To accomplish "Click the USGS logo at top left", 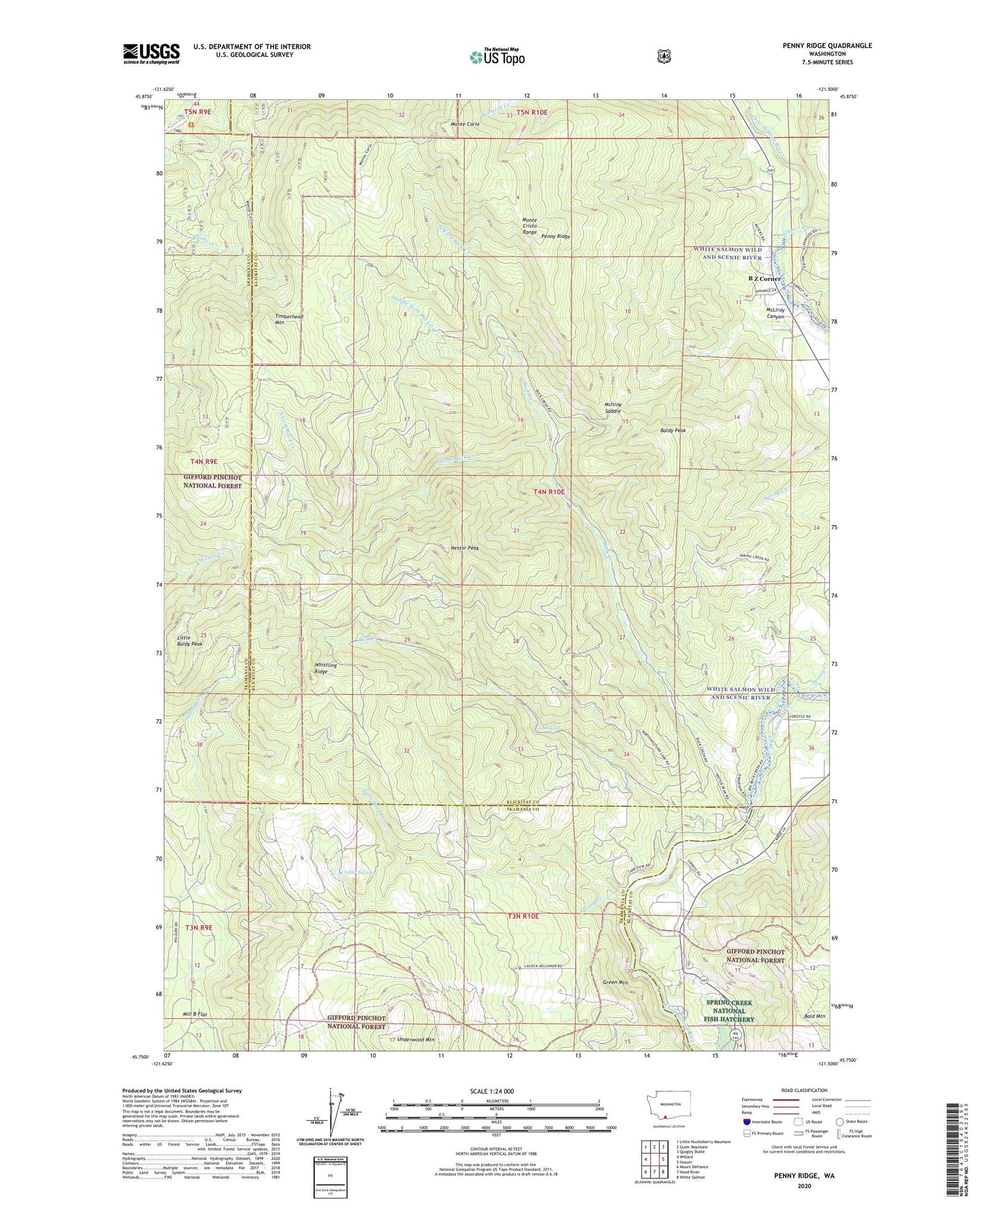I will pos(151,53).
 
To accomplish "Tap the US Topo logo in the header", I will pos(496,57).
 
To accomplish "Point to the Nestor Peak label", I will pos(465,548).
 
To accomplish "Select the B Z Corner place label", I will pos(763,279).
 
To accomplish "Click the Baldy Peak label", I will pos(673,431).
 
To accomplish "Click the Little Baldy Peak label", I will pos(189,640).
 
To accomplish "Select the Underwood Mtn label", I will pos(416,1040).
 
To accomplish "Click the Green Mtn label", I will pos(615,982).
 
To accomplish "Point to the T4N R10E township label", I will pos(549,492).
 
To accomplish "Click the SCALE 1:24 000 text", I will pos(492,1092).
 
